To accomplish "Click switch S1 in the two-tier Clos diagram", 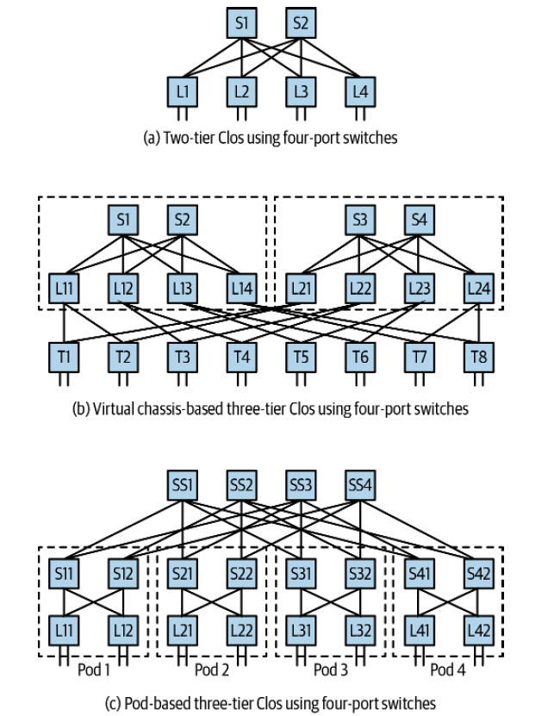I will (242, 24).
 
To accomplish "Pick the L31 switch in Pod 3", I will (302, 630).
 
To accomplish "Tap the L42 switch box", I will (478, 630).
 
